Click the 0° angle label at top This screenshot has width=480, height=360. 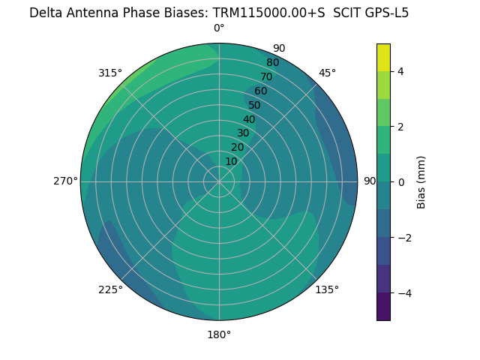coord(219,28)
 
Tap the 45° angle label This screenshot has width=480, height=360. coord(327,73)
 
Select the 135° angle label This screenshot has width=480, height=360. coord(327,289)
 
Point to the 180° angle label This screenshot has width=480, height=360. coord(219,334)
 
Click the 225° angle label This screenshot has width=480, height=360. coord(110,289)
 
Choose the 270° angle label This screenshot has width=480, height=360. coord(66,181)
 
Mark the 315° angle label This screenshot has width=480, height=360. coord(110,73)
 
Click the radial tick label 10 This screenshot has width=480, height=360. coord(231,161)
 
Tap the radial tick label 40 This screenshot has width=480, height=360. coord(249,119)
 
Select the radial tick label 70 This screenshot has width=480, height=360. coord(266,76)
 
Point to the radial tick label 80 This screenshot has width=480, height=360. coord(272,62)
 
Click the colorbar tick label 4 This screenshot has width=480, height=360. coord(400,71)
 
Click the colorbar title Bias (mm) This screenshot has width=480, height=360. coord(421,181)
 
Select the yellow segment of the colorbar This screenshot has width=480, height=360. coord(383,58)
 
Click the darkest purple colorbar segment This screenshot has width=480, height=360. coord(383,307)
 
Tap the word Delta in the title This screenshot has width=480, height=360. coord(45,13)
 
